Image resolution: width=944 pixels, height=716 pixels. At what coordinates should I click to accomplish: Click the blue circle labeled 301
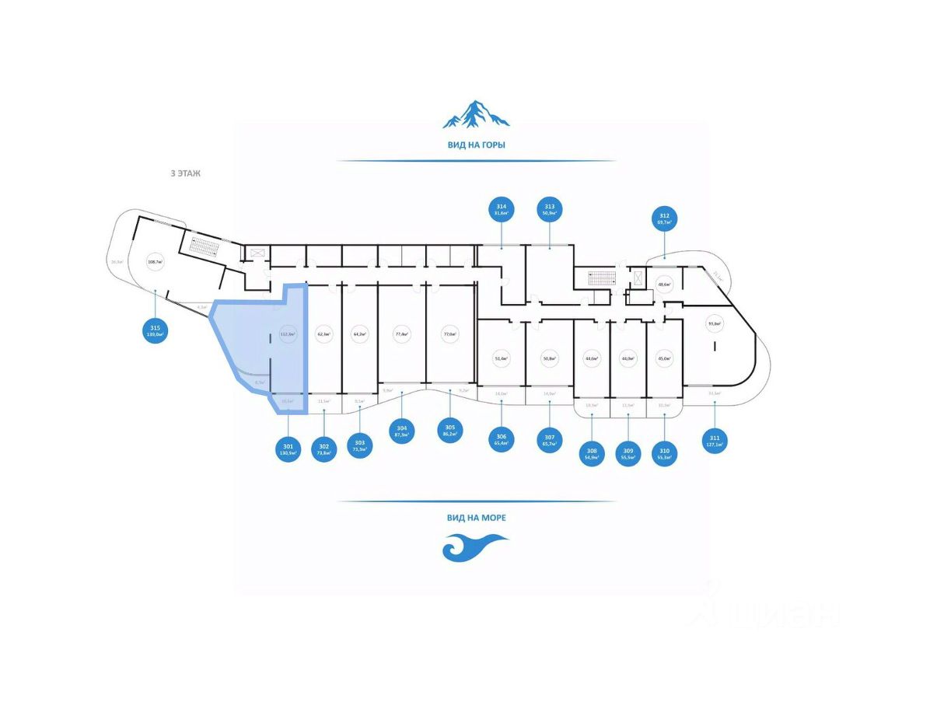click(x=288, y=449)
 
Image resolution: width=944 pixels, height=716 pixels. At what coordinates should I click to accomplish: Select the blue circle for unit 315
click(x=156, y=332)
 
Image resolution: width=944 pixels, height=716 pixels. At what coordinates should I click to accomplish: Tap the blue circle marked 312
click(x=664, y=219)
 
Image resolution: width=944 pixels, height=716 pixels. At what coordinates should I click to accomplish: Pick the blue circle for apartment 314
click(x=502, y=209)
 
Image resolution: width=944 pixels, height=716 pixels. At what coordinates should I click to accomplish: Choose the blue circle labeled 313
click(x=550, y=209)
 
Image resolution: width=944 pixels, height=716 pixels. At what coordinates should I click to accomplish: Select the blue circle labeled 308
click(x=592, y=453)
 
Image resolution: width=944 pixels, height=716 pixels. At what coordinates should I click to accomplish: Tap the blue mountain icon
click(x=476, y=114)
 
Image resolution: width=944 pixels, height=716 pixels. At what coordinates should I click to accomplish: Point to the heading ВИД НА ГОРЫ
click(x=476, y=145)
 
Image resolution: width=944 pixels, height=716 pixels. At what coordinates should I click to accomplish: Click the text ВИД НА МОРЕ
click(x=476, y=517)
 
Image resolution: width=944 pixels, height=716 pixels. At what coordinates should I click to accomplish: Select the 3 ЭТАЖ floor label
click(x=185, y=173)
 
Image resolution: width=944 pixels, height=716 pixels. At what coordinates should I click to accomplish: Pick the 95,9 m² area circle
click(x=714, y=323)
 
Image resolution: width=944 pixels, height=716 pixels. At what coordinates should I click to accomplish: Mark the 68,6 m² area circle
click(x=664, y=285)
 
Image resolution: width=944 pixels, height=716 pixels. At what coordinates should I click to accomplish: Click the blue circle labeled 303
click(x=360, y=445)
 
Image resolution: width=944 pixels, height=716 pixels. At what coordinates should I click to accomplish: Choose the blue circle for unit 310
click(x=664, y=453)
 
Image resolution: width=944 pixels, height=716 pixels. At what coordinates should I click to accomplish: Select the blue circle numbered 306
click(x=502, y=441)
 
